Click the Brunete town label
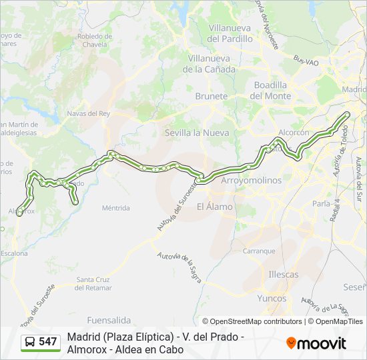click(x=212, y=97)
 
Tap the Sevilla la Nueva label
click(x=197, y=133)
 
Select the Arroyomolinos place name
click(x=251, y=180)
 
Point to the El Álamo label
click(x=215, y=207)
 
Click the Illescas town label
click(x=283, y=274)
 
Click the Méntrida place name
click(x=115, y=208)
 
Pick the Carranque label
click(x=259, y=251)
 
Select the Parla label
click(x=321, y=203)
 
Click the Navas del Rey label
click(x=88, y=113)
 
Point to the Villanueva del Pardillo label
click(x=230, y=33)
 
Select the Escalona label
click(x=14, y=253)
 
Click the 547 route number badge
click(x=41, y=342)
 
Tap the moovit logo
click(x=316, y=343)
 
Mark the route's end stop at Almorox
click(x=19, y=213)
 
